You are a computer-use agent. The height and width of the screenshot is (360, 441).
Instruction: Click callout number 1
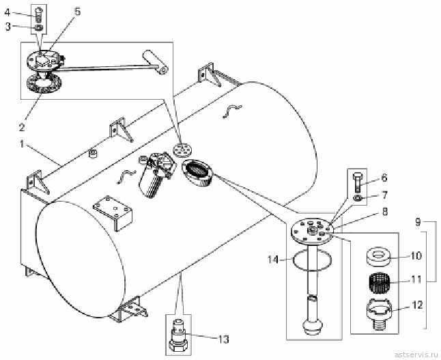(x=22, y=144)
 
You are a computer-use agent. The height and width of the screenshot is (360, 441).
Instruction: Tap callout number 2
(x=22, y=127)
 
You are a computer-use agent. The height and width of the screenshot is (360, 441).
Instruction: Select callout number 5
(x=77, y=11)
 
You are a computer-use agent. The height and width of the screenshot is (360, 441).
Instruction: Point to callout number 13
(x=224, y=340)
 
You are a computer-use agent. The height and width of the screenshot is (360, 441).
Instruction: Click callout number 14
(x=273, y=260)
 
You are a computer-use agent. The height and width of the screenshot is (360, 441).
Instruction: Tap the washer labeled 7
(x=358, y=198)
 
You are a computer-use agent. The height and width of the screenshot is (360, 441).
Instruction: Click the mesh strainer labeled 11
(x=378, y=280)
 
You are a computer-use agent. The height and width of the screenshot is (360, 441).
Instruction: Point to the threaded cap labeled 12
(x=378, y=312)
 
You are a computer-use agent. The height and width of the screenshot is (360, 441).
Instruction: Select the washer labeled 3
(x=39, y=27)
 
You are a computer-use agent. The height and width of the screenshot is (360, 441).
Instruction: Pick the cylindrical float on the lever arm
(x=156, y=62)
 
